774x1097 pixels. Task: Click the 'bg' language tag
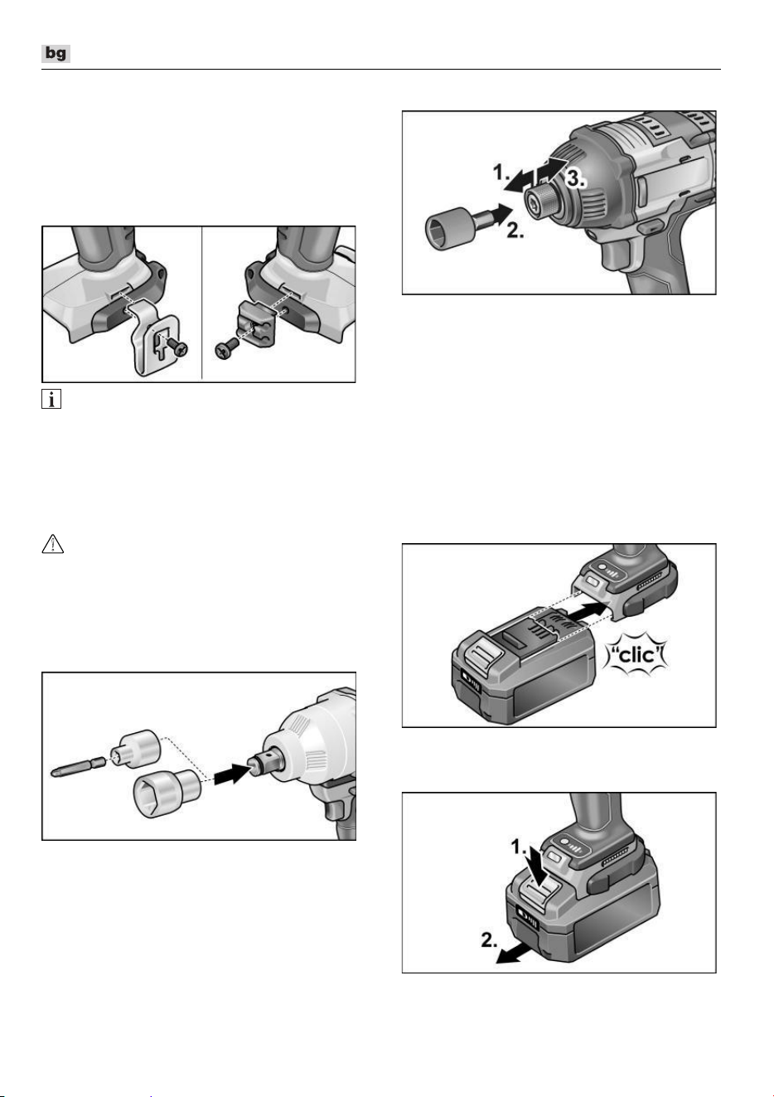pyautogui.click(x=56, y=53)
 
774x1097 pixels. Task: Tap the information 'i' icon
pyautogui.click(x=51, y=399)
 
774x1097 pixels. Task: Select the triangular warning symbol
pyautogui.click(x=53, y=545)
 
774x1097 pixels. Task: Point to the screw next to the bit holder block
pyautogui.click(x=226, y=350)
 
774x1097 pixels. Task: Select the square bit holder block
pyautogui.click(x=254, y=324)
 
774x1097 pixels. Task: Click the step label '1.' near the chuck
pyautogui.click(x=501, y=172)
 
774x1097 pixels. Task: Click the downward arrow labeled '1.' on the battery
pyautogui.click(x=542, y=870)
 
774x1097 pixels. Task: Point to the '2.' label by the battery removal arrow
pyautogui.click(x=489, y=939)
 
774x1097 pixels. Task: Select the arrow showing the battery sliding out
pyautogui.click(x=513, y=954)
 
